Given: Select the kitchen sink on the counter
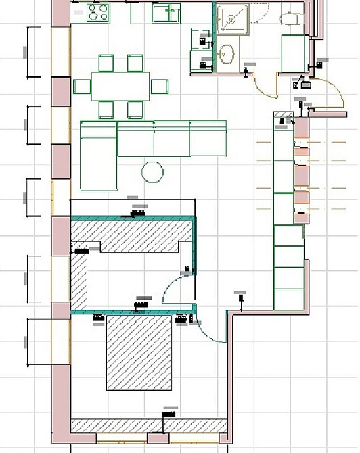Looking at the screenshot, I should [166, 12].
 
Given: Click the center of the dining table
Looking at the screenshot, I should [120, 86].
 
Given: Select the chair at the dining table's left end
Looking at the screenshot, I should [82, 86].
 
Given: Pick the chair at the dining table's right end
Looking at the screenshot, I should [160, 86].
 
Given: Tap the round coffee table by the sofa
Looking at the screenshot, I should [152, 172].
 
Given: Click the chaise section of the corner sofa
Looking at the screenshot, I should [99, 156].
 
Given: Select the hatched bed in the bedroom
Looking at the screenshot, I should [138, 353].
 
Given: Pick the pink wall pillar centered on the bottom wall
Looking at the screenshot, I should [158, 438].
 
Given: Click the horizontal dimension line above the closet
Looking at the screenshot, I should [133, 201].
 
